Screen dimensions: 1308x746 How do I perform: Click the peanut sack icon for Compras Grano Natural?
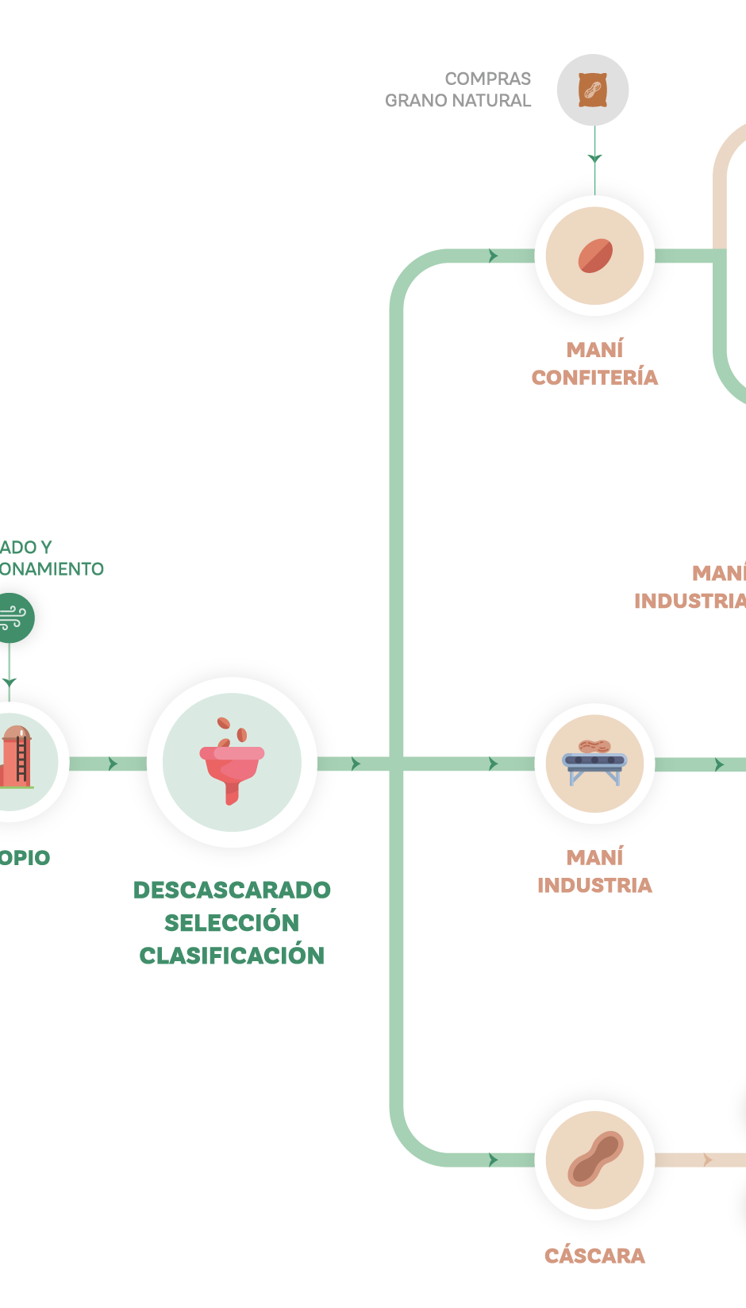593,90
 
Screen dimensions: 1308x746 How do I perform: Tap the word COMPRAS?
487,79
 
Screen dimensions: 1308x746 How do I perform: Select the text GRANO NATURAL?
458,101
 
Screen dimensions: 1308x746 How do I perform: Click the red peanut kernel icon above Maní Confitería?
594,256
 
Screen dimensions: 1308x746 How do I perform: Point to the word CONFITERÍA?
594,377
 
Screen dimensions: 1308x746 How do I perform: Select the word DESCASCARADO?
232,890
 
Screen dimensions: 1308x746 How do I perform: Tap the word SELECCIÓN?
232,922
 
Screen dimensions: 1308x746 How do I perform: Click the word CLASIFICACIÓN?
232,955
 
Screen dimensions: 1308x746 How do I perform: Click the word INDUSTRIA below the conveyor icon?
594,885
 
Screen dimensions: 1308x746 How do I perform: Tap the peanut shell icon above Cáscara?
594,1160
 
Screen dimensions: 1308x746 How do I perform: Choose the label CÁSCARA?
594,1255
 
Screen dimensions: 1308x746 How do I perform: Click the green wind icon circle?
11,617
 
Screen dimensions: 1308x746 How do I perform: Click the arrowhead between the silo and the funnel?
113,764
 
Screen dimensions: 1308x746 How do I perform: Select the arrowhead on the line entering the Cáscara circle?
494,1160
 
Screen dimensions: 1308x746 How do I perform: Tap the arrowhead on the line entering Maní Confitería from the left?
494,256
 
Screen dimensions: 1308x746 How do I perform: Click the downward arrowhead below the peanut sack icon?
594,159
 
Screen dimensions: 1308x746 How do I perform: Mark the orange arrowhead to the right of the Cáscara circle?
708,1160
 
